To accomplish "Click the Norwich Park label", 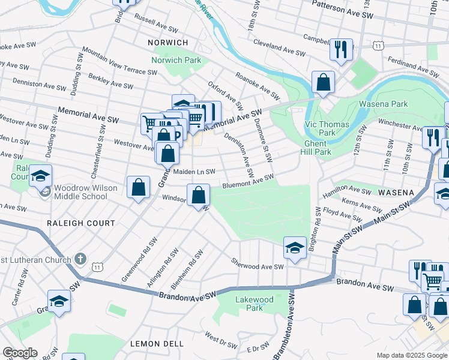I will (176, 61).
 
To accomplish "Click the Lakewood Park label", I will (255, 304).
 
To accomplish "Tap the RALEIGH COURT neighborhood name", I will (80, 223).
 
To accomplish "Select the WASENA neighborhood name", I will (396, 193).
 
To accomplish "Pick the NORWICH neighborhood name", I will (167, 43).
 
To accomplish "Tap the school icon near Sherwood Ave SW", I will (295, 248).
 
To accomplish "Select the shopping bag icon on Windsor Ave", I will (198, 196).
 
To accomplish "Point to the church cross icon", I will (79, 259).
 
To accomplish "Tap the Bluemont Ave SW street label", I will (248, 181).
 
